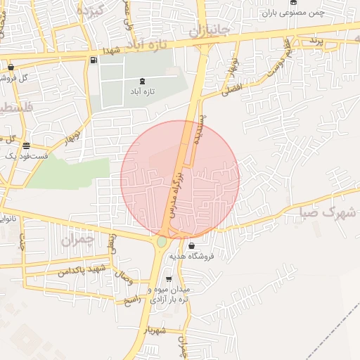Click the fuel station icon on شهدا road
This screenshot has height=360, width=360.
[x=94, y=60]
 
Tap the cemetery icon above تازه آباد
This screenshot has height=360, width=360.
[x=144, y=81]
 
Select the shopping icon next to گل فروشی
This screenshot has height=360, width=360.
[x=11, y=67]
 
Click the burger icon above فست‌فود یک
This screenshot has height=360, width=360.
[x=26, y=146]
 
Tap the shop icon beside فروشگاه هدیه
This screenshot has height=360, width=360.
[x=192, y=246]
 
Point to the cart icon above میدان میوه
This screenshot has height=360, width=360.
[x=168, y=279]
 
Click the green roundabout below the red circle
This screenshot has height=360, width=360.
[x=162, y=242]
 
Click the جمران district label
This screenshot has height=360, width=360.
[x=77, y=240]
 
